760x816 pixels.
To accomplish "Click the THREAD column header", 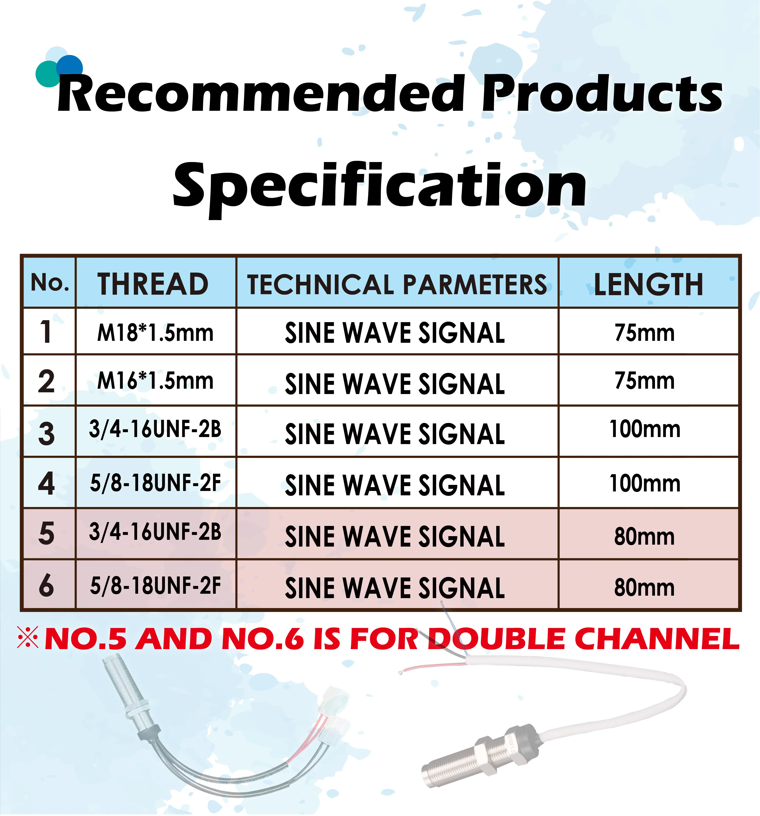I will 153,284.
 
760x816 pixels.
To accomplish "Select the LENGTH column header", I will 648,284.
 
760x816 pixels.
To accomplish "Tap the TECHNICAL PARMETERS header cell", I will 397,284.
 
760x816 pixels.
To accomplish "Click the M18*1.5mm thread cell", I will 155,333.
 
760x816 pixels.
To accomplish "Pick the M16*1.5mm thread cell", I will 155,381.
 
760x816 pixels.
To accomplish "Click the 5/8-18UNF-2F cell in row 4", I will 155,483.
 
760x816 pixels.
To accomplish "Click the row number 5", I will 46,534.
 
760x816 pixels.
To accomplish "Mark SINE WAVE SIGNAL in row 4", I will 395,485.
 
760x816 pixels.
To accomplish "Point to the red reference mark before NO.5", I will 28,637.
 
